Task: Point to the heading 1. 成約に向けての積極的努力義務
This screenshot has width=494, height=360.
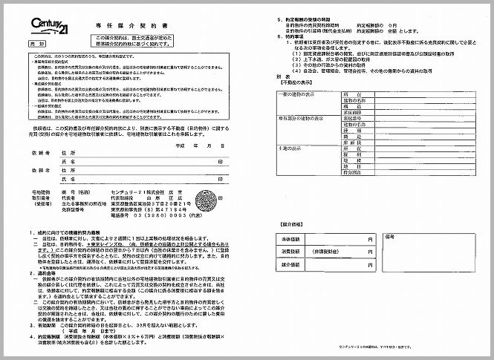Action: tap(62, 232)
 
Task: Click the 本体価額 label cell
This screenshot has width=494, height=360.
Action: tap(289, 239)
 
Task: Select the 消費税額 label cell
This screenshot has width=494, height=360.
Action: tap(289, 250)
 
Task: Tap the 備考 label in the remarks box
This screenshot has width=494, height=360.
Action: tap(394, 237)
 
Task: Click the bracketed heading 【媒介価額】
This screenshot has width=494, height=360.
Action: tap(291, 222)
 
